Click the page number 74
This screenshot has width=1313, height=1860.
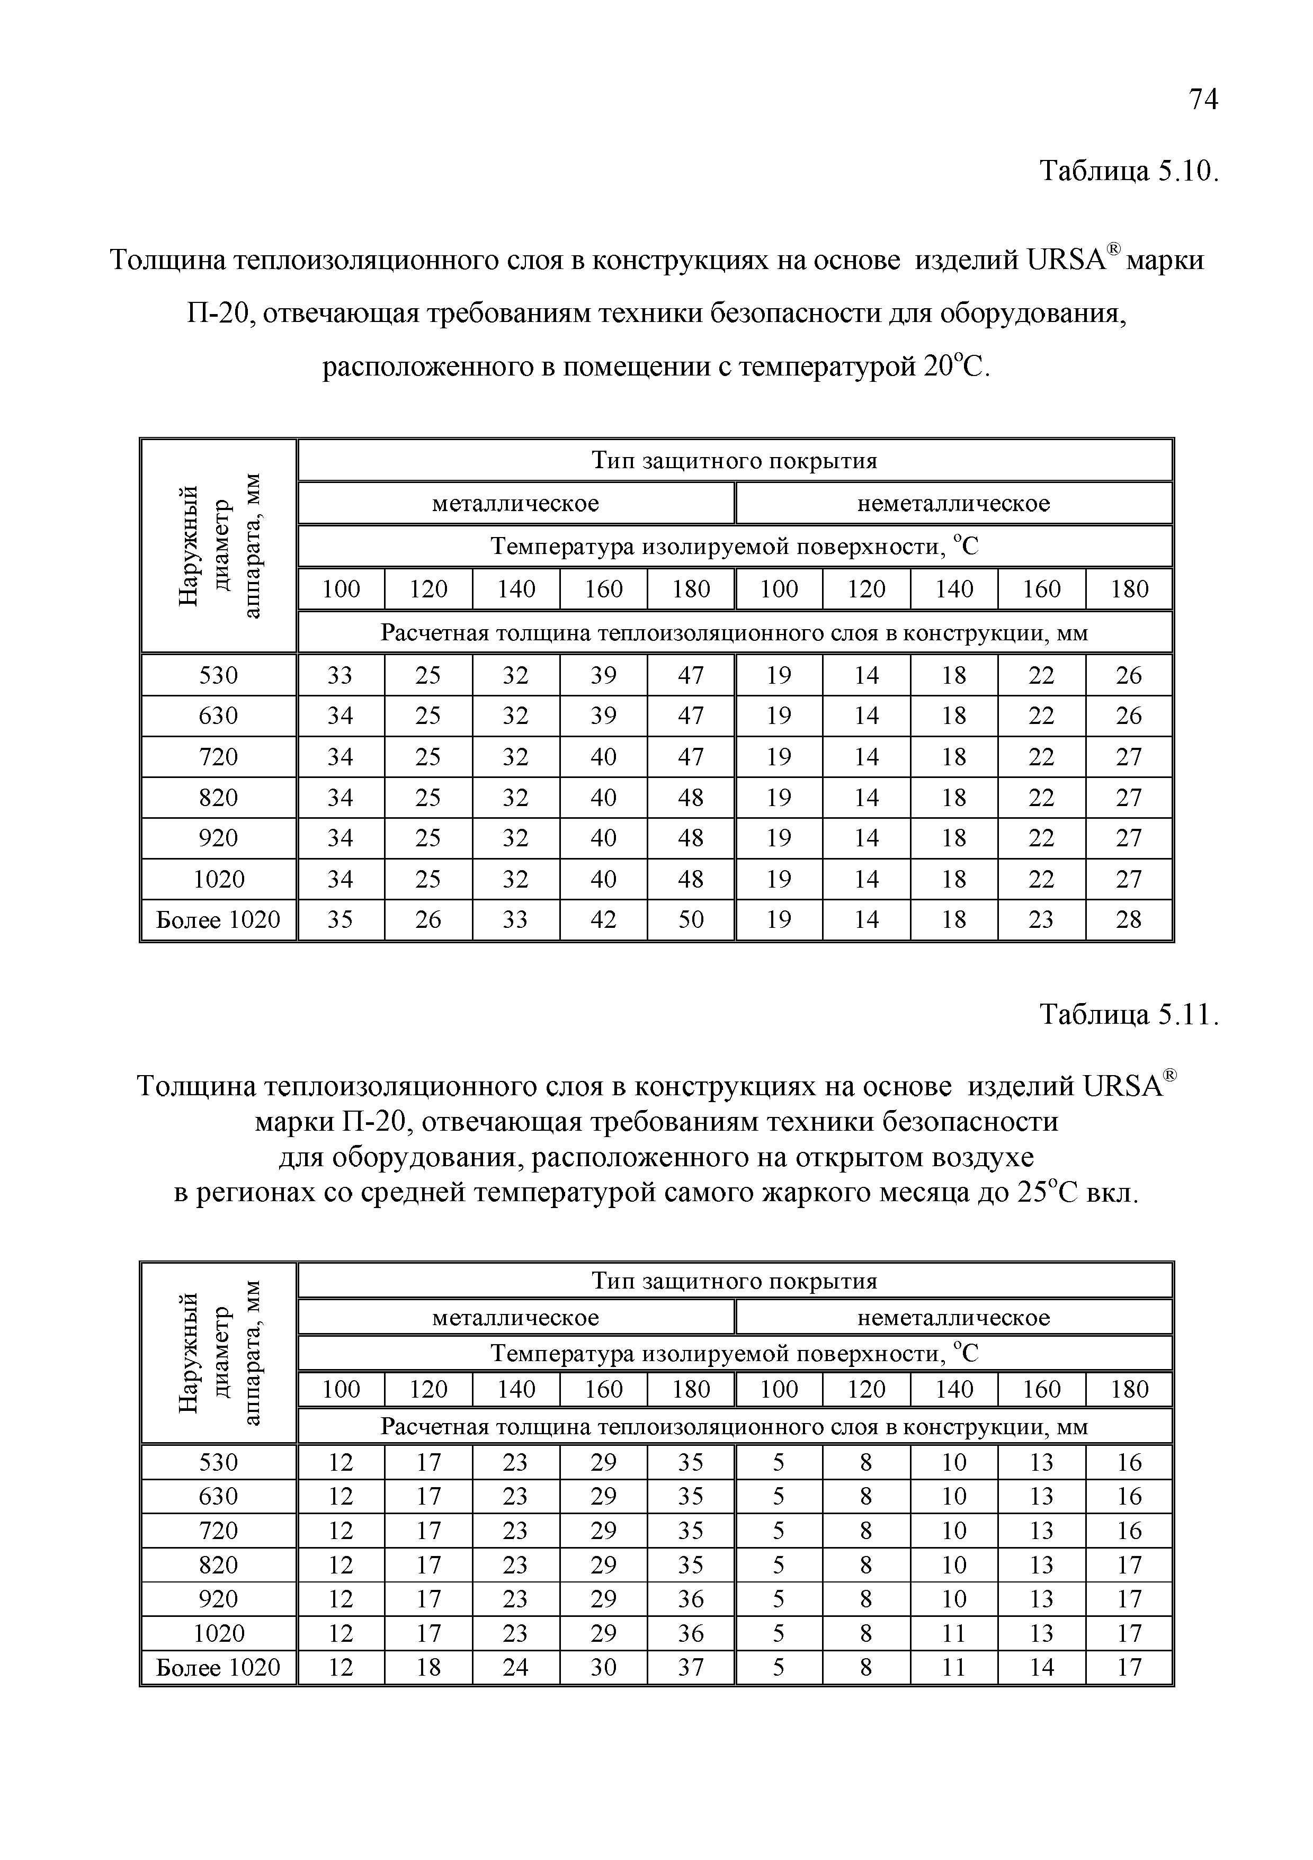(1203, 100)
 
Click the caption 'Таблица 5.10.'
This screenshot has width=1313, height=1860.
(1128, 171)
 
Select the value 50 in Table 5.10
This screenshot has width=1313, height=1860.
(690, 919)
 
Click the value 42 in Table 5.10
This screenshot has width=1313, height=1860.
(603, 919)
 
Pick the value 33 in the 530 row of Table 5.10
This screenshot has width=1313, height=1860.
(340, 675)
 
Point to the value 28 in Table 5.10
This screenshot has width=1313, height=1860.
(1128, 919)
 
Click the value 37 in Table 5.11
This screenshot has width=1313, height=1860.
(690, 1667)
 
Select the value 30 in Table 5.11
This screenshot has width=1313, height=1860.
(603, 1667)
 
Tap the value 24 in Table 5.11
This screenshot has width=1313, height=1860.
(515, 1667)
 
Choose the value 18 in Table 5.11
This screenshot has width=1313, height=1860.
(427, 1667)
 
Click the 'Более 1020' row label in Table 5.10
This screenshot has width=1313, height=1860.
(218, 919)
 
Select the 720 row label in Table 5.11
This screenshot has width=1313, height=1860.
(218, 1530)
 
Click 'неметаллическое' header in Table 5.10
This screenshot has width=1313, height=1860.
(953, 503)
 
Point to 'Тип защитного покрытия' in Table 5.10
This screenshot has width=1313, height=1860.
(734, 460)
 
